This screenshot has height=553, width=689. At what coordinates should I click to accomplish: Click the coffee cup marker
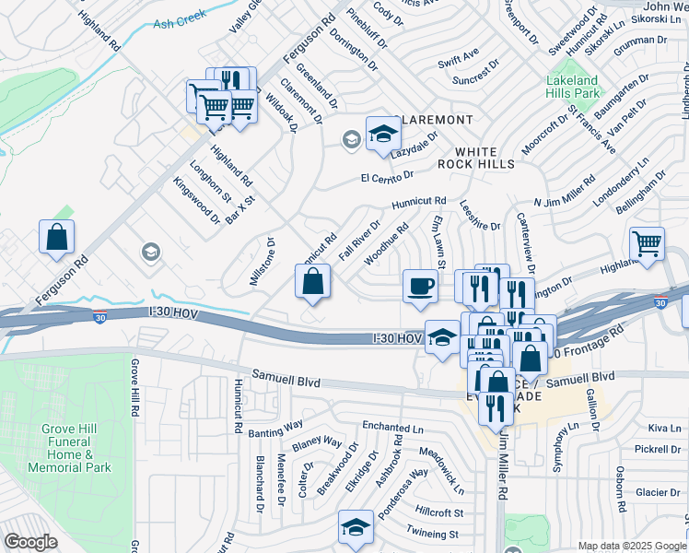(x=420, y=285)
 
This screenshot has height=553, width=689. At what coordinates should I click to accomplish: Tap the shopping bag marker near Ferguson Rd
(x=57, y=237)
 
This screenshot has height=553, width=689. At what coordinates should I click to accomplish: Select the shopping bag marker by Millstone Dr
(x=313, y=281)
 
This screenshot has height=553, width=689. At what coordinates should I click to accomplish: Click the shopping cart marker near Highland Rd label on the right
(x=648, y=244)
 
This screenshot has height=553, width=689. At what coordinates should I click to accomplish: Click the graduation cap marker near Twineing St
(x=356, y=527)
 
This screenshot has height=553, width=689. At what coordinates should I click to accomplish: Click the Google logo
(x=30, y=542)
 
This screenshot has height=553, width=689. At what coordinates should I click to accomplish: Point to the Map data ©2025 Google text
(x=631, y=546)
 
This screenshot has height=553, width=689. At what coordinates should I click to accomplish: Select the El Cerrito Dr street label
(x=388, y=174)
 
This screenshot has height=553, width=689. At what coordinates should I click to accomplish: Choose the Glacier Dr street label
(x=657, y=492)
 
